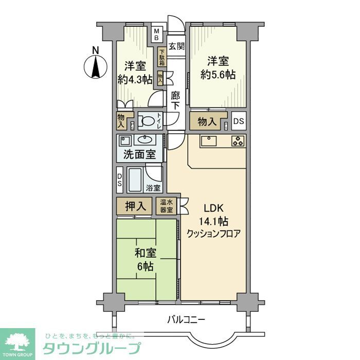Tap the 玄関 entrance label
(x=176, y=46)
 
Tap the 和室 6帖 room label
(x=145, y=259)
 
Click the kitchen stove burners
(x=238, y=140)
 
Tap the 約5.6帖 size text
(x=218, y=75)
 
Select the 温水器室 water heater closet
(x=166, y=206)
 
